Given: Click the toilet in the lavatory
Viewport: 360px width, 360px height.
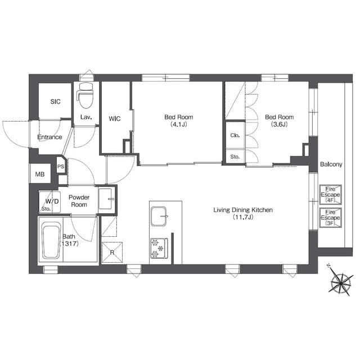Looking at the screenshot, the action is [x=85, y=95].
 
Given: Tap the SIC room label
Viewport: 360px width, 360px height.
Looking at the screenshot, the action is [x=55, y=101].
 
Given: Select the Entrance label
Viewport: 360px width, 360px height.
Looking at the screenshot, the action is [x=49, y=137].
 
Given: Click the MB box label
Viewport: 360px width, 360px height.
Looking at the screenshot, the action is [x=40, y=174].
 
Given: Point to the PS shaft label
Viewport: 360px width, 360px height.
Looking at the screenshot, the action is [x=61, y=166].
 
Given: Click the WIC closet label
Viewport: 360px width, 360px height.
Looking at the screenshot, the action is [x=115, y=119].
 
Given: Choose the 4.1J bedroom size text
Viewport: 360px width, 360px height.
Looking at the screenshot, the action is [x=179, y=124].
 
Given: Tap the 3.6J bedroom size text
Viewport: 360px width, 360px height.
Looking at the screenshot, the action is [x=279, y=124].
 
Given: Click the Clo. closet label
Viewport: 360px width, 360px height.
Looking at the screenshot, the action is [x=235, y=136].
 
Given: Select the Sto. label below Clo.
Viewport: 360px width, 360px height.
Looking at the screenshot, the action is [x=235, y=157].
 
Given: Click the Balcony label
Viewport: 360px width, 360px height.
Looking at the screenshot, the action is [x=331, y=164].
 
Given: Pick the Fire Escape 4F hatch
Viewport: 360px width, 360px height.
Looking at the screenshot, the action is [x=331, y=195].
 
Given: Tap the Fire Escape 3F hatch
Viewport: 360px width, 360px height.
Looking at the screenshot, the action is [x=331, y=218].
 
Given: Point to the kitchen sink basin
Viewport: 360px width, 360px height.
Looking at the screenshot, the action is [x=159, y=216].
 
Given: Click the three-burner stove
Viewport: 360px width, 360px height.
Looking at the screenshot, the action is [x=159, y=249].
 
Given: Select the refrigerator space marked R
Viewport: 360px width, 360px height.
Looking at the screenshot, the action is [x=112, y=252].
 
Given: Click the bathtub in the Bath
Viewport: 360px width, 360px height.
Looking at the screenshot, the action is [x=51, y=242].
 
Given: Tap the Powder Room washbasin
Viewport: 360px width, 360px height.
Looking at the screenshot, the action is [x=106, y=199].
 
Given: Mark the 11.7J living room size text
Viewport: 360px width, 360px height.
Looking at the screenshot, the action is [x=243, y=217].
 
